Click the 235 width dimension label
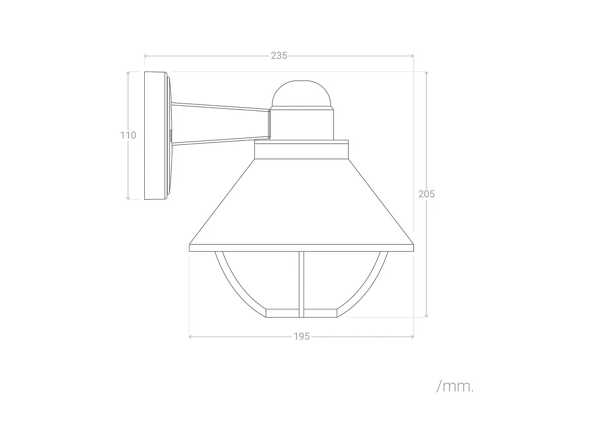279,56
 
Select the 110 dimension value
128,135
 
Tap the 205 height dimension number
427,194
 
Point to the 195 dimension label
302,337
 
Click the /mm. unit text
455,386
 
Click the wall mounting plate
155,135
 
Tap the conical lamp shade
301,202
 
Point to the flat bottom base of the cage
301,313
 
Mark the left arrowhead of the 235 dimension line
145,56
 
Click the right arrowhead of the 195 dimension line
412,337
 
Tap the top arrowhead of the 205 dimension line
426,73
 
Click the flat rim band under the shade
301,248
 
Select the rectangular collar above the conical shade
301,151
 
